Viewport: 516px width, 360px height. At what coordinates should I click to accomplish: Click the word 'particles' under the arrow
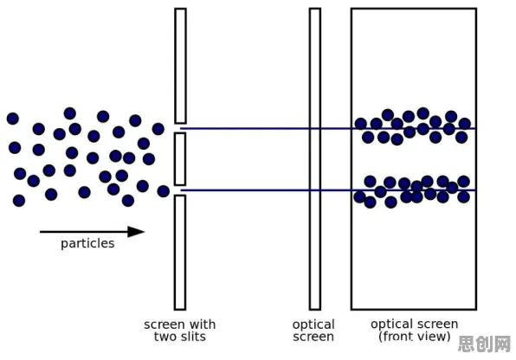click(x=87, y=244)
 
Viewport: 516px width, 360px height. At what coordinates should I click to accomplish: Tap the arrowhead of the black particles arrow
click(x=136, y=232)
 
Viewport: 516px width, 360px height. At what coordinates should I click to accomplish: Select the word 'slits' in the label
click(x=193, y=337)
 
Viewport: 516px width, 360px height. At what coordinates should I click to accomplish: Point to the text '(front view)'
click(x=415, y=337)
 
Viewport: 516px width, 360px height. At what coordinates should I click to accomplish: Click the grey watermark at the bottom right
click(x=485, y=344)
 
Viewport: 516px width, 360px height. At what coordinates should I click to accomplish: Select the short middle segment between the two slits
click(x=180, y=159)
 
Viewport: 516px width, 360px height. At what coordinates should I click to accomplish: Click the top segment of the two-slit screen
click(x=180, y=66)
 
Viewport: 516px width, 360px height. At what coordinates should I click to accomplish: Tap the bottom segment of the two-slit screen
click(x=180, y=253)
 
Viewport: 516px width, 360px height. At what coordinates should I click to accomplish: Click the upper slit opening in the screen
click(x=180, y=128)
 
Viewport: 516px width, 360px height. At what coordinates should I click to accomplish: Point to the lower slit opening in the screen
click(x=180, y=190)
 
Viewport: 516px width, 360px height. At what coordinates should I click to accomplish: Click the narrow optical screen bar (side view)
click(x=315, y=159)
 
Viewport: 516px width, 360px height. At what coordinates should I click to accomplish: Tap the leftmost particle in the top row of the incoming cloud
click(x=13, y=119)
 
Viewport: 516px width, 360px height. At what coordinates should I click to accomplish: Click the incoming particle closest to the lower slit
click(x=164, y=191)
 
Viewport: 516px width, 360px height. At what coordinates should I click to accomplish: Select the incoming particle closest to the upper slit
click(x=158, y=129)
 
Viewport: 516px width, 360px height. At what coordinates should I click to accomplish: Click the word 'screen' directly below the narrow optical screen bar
click(x=313, y=337)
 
